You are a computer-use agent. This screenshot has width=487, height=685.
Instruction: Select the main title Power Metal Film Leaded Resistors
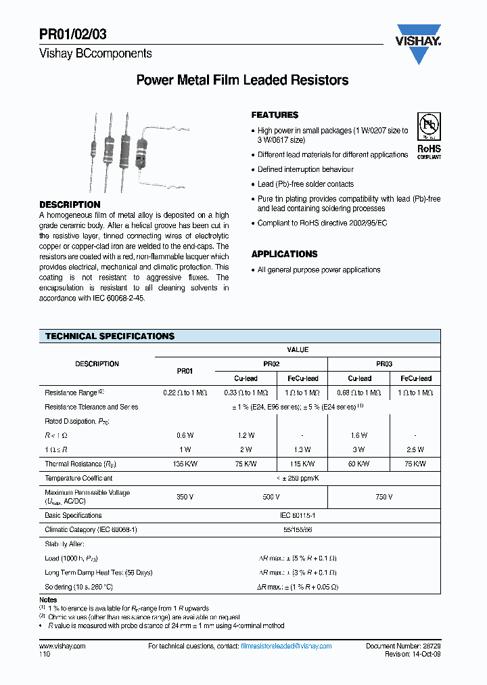pos(242,81)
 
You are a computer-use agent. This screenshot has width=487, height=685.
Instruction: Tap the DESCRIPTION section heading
pos(70,204)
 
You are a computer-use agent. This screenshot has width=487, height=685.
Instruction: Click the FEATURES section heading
pos(275,115)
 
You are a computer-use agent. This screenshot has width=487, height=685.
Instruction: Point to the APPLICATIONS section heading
pos(284,254)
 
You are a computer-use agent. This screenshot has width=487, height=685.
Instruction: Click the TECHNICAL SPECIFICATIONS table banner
pos(110,336)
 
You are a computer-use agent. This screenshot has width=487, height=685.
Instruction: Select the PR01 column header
pos(185,371)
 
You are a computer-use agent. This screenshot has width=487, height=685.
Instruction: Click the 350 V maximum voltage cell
pos(185,497)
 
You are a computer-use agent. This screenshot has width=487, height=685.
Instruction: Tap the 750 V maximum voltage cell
pos(384,497)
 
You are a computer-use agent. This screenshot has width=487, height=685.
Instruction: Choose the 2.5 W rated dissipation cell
pos(416,449)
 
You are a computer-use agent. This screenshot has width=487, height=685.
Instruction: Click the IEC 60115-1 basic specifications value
pos(298,515)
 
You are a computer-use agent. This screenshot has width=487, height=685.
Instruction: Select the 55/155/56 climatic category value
pos(298,529)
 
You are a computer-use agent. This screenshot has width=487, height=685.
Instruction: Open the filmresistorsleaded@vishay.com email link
pos(286,646)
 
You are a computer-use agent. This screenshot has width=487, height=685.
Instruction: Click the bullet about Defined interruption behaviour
pos(305,169)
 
